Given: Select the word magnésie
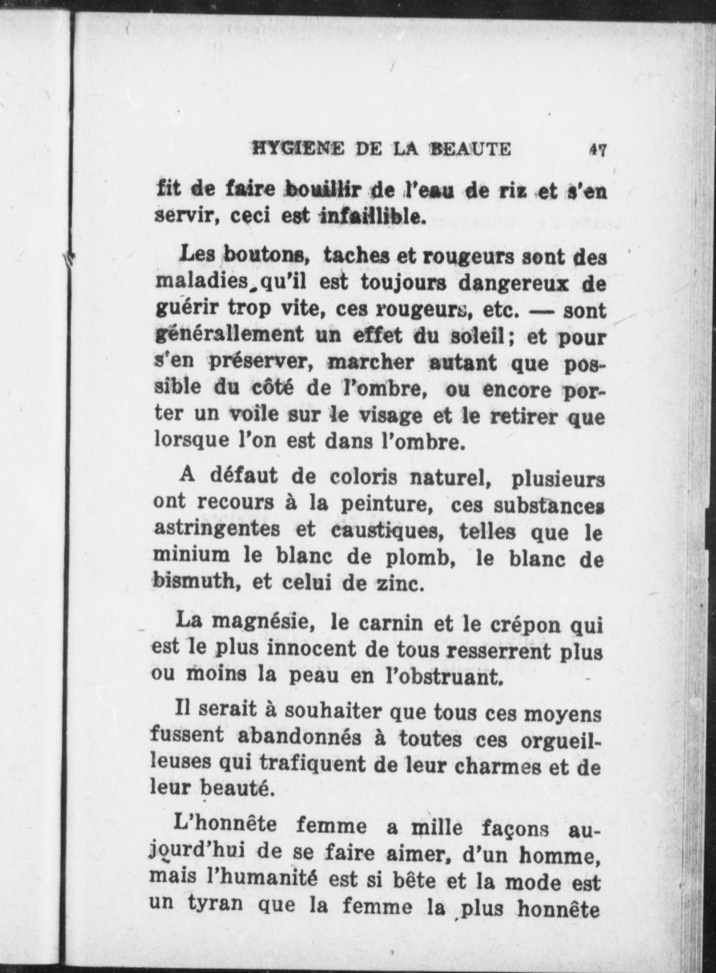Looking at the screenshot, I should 262,624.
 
